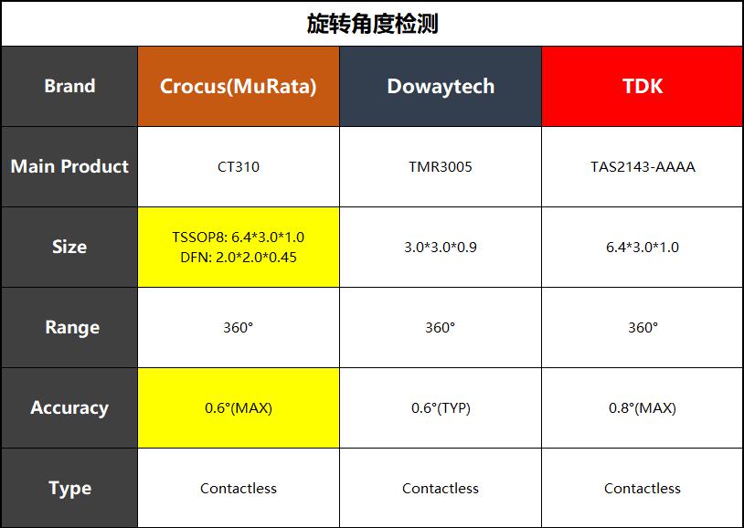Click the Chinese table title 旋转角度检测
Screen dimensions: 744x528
click(372, 24)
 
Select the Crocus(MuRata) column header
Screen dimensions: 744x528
click(239, 87)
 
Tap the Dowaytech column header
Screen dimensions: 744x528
click(441, 87)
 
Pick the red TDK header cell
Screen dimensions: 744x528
click(643, 87)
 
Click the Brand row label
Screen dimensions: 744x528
click(69, 87)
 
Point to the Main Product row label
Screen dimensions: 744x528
click(69, 166)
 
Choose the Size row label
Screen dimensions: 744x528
click(69, 247)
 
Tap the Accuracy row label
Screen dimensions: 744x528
click(69, 408)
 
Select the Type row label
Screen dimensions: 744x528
click(69, 489)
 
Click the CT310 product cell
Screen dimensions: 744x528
click(239, 167)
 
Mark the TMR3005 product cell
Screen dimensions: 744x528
click(441, 167)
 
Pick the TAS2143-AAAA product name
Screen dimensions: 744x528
click(643, 167)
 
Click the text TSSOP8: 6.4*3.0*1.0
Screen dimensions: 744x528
click(239, 237)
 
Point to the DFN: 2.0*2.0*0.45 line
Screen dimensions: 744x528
click(239, 257)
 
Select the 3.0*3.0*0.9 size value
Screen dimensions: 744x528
click(441, 248)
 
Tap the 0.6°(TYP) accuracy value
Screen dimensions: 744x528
click(441, 408)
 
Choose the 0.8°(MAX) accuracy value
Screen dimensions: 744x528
click(643, 408)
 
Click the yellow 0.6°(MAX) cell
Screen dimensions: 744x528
click(239, 408)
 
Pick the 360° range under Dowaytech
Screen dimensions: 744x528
click(441, 327)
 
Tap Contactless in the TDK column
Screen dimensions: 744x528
click(643, 488)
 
